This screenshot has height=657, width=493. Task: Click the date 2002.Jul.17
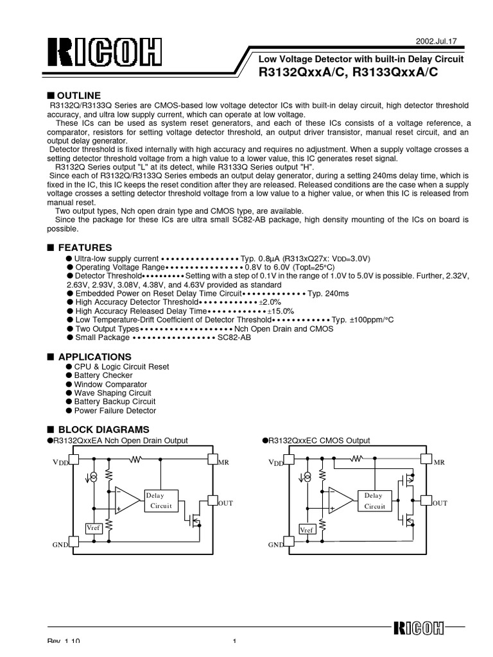(x=444, y=40)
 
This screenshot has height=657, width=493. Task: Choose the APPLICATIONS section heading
(x=94, y=356)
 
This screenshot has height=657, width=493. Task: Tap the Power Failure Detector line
(x=115, y=411)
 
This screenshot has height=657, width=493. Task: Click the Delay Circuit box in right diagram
(x=375, y=500)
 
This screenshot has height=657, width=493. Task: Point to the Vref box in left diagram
(x=94, y=527)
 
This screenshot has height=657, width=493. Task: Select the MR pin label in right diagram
(x=440, y=462)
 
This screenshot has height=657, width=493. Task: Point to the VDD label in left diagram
(x=59, y=462)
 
